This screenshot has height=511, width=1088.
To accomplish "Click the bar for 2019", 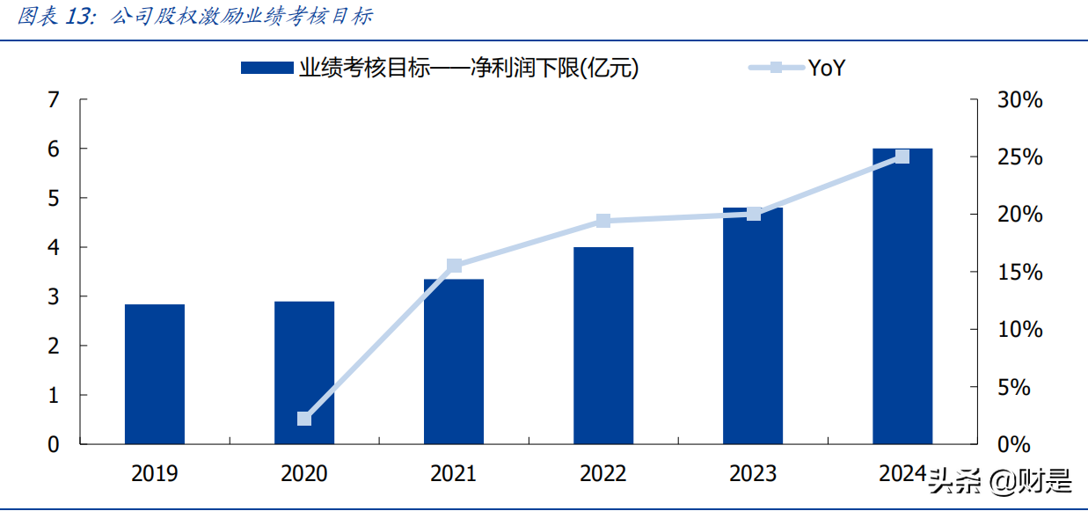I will point(155,374).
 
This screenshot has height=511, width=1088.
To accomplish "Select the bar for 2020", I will point(304,372).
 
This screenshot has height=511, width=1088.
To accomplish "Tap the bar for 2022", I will point(603,345).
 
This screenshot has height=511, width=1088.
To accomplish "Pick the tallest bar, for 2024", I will point(902,296).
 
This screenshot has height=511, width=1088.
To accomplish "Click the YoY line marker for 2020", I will point(304,419).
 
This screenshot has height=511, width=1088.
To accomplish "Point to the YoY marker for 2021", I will point(454,266).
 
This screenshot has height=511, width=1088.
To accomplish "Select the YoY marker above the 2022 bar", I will point(603,221).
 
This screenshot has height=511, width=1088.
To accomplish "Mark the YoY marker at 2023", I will point(754,214).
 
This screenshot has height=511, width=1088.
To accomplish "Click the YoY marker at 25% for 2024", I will point(902,157).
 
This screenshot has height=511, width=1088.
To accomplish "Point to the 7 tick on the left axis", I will point(54,100).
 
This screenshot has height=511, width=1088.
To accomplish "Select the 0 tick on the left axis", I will point(54,444).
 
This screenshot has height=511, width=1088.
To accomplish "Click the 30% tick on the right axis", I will point(1019,100).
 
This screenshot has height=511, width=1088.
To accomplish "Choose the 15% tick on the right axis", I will point(1019,273).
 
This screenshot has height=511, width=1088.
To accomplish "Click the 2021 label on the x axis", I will point(454,474).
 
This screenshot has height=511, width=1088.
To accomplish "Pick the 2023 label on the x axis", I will point(753,474).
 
